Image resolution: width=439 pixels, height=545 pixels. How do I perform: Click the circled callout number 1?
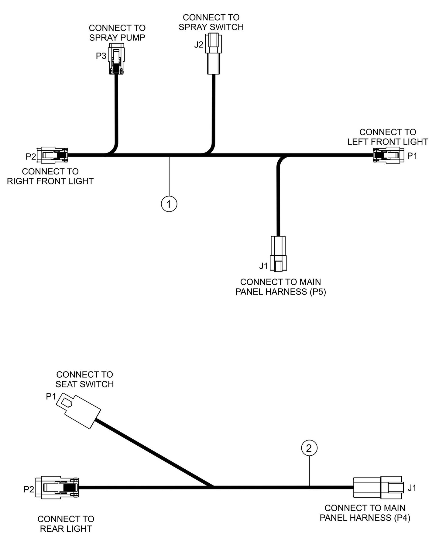(x=169, y=204)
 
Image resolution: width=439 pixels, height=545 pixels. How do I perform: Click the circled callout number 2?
(x=309, y=448)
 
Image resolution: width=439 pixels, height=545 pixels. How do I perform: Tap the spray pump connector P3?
(x=116, y=59)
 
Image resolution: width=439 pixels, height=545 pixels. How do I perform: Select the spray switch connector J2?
(x=214, y=54)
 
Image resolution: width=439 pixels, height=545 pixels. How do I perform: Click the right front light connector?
(x=52, y=155)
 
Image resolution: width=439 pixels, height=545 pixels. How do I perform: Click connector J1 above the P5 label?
(x=278, y=253)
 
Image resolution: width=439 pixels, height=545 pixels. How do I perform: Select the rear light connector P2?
(x=57, y=487)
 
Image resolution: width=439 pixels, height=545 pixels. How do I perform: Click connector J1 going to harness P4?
(x=378, y=487)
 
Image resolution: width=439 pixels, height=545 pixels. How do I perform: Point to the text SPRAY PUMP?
(x=117, y=38)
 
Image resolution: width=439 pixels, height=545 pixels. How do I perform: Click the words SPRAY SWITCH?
(x=211, y=27)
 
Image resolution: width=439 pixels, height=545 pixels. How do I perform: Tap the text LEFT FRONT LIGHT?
(x=388, y=142)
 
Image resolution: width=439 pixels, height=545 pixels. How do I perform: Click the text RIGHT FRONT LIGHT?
(x=50, y=181)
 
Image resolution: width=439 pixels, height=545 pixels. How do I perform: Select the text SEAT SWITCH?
(x=84, y=384)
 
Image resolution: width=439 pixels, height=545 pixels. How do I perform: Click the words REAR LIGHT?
(x=66, y=529)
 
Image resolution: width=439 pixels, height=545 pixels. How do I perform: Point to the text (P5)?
(x=318, y=292)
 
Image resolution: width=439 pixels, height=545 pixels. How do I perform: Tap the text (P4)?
(x=402, y=518)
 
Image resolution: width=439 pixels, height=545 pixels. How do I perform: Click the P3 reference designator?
(x=101, y=56)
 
